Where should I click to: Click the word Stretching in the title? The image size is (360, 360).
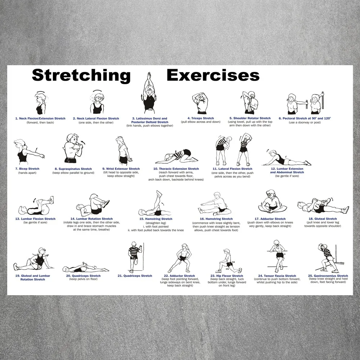[x=81, y=76]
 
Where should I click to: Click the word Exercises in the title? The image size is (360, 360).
[x=213, y=76]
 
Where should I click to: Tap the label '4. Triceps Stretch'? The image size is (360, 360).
[x=201, y=118]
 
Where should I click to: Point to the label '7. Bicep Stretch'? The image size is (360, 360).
[x=27, y=169]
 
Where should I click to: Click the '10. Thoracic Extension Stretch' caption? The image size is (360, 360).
[x=176, y=169]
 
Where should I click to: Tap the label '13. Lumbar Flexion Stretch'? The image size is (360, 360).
[x=35, y=219]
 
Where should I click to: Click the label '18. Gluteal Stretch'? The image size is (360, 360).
[x=323, y=219]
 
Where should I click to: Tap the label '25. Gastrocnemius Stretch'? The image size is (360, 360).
[x=328, y=276]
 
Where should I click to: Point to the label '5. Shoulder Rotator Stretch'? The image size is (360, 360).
[x=250, y=118]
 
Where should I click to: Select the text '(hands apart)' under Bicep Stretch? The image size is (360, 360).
[x=27, y=173]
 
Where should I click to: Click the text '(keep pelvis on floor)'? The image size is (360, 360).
[x=84, y=280]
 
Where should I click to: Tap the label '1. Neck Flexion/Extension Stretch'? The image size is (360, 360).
[x=40, y=118]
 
